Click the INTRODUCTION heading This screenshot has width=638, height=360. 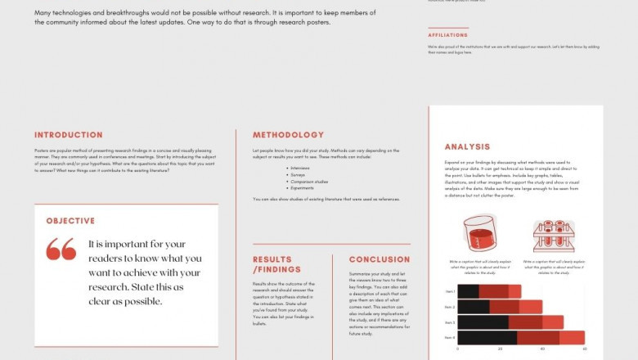[x=69, y=135]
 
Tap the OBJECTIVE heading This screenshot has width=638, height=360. [x=70, y=221]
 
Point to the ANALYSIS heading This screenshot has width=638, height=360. [x=467, y=147]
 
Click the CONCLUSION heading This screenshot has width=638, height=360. [x=380, y=260]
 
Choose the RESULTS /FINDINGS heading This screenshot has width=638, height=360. [x=277, y=264]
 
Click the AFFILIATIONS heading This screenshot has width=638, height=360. [x=448, y=35]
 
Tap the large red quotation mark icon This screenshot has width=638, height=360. [x=61, y=249]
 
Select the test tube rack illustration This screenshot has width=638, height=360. [x=553, y=236]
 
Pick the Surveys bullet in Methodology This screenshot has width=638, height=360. [x=299, y=174]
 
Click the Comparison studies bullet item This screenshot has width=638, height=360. [x=308, y=181]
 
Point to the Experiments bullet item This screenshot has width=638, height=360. [x=303, y=187]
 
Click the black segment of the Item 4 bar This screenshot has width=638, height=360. [x=487, y=337]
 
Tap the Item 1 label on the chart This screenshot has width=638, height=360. [x=449, y=291]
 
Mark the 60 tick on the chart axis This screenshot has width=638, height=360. [x=584, y=349]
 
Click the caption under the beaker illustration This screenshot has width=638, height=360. [x=480, y=265]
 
